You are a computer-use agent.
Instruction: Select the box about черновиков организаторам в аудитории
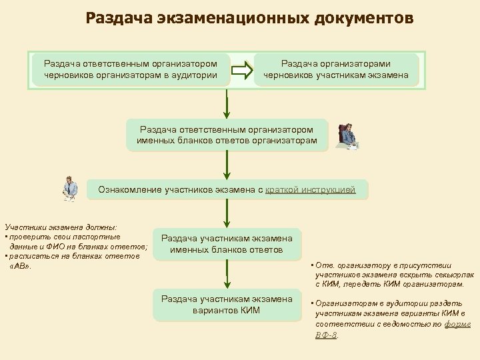131,69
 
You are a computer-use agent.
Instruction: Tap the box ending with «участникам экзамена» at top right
336,69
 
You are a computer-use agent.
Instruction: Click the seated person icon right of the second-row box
347,136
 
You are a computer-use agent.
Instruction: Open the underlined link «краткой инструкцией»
311,190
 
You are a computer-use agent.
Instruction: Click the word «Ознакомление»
129,190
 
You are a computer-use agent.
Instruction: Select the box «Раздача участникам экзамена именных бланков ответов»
227,245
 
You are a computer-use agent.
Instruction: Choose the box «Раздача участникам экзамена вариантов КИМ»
227,305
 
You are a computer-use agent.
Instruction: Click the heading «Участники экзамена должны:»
61,227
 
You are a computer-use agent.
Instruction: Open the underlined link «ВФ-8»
327,335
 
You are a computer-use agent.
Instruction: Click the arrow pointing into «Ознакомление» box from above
227,165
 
